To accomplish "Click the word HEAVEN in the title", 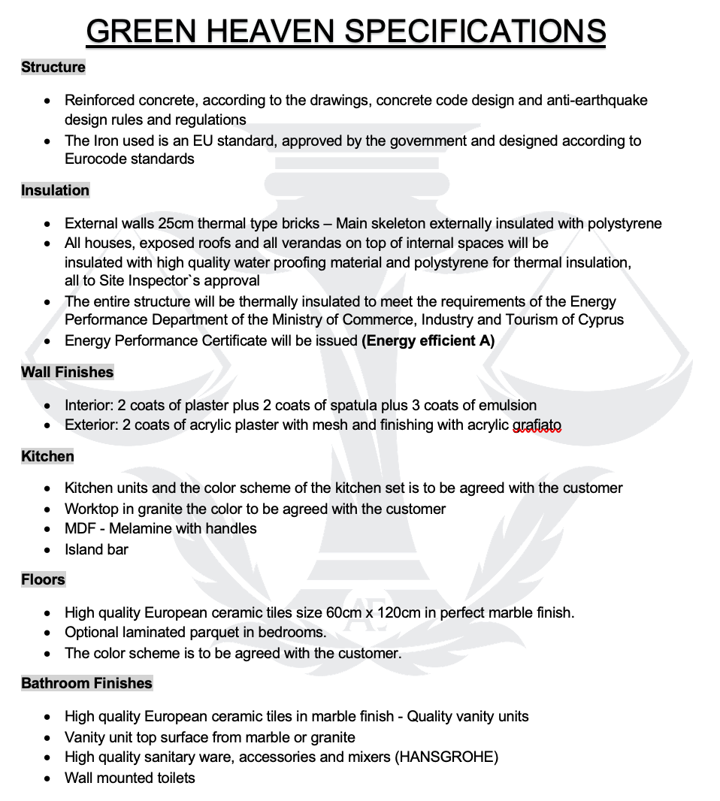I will click(268, 31).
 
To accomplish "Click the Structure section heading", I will click(53, 67).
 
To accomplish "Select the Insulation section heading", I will click(55, 190).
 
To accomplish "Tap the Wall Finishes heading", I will click(67, 372).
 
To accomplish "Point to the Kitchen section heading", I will click(47, 456).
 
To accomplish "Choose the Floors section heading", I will click(43, 579).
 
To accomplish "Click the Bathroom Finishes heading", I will click(86, 683).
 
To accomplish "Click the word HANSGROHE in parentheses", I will click(446, 757).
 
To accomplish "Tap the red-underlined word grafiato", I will click(537, 425).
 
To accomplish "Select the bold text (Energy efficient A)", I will click(428, 340).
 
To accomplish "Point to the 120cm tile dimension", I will click(398, 612).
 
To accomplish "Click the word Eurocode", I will click(96, 159).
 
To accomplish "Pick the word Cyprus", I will click(601, 319).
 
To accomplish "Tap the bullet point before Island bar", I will click(48, 550).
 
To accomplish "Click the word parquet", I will click(222, 632).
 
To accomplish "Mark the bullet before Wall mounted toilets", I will click(48, 778).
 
